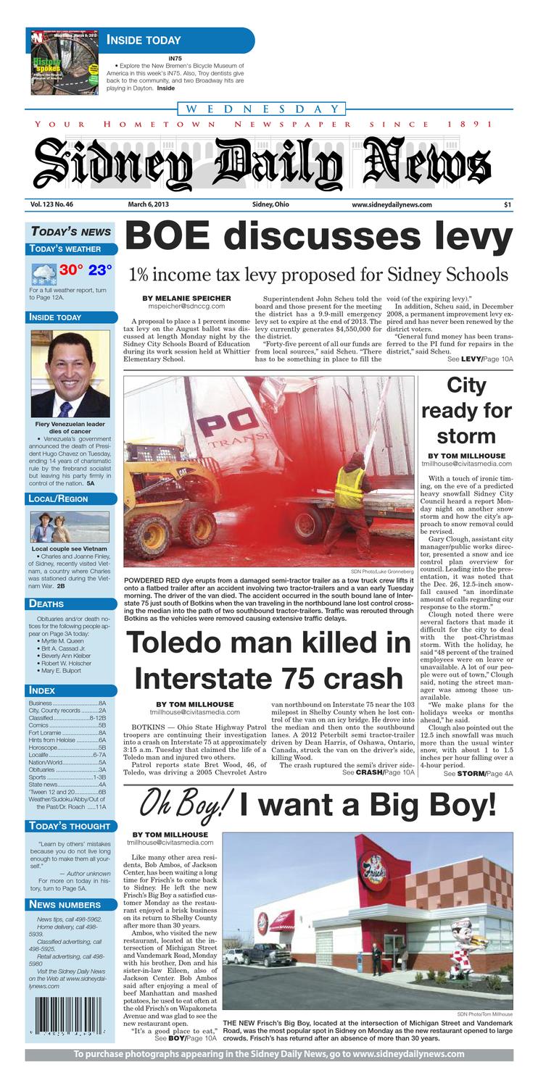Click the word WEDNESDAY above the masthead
point(262,109)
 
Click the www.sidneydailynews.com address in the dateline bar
point(392,205)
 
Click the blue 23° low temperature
point(100,270)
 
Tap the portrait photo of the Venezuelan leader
point(70,374)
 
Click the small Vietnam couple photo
point(70,527)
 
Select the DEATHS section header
point(46,603)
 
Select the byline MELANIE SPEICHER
point(186,298)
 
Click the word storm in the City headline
point(466,436)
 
